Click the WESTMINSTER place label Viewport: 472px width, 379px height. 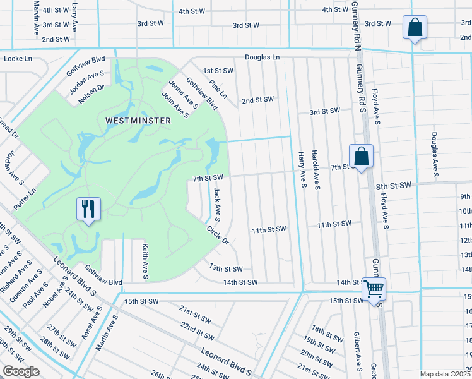coord(138,120)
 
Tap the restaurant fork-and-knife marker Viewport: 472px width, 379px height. coord(88,208)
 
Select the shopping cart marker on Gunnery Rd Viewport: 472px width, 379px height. coord(374,289)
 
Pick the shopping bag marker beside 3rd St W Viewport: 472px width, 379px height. coord(415,28)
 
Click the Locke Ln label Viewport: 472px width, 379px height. coord(18,58)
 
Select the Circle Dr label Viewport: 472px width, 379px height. coord(217,236)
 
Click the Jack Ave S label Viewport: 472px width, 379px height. coord(217,204)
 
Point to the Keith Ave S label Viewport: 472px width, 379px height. coord(145,262)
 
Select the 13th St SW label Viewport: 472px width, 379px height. coord(226,269)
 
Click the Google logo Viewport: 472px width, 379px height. coord(21,371)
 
